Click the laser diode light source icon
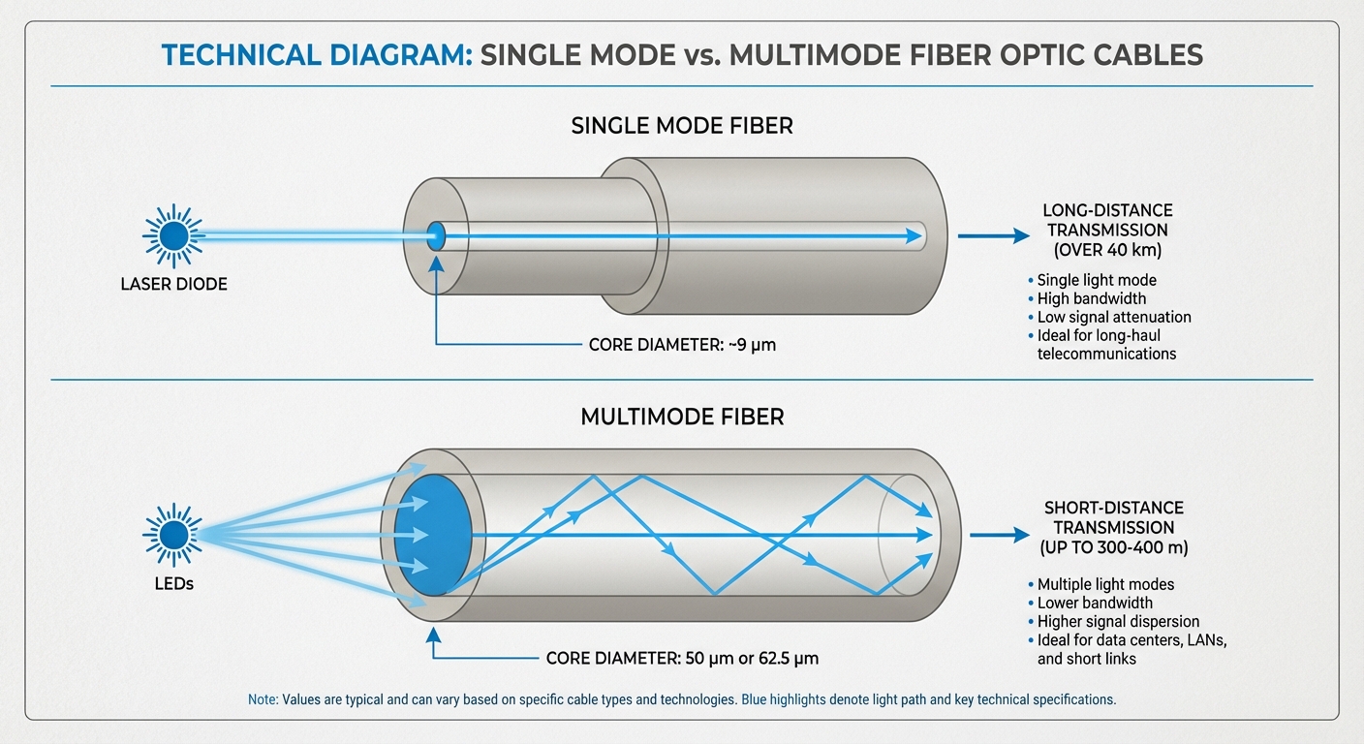pyautogui.click(x=173, y=235)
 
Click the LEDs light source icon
pyautogui.click(x=173, y=534)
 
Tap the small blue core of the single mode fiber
pyautogui.click(x=436, y=235)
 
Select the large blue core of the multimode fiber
pyautogui.click(x=432, y=534)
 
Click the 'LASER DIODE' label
pyautogui.click(x=173, y=285)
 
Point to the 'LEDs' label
pyautogui.click(x=173, y=584)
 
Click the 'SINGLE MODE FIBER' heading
pyautogui.click(x=681, y=126)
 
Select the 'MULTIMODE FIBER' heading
pyautogui.click(x=681, y=418)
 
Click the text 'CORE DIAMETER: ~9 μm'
pyautogui.click(x=682, y=344)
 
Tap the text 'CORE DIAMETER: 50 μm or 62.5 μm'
pyautogui.click(x=682, y=659)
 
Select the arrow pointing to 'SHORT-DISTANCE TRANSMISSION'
pyautogui.click(x=998, y=534)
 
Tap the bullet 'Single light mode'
pyautogui.click(x=1097, y=280)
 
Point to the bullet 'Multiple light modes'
pyautogui.click(x=1105, y=584)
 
